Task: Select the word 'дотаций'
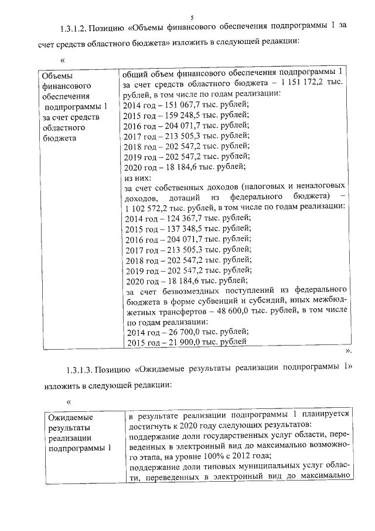click(x=175, y=197)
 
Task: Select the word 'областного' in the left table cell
click(x=63, y=127)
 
